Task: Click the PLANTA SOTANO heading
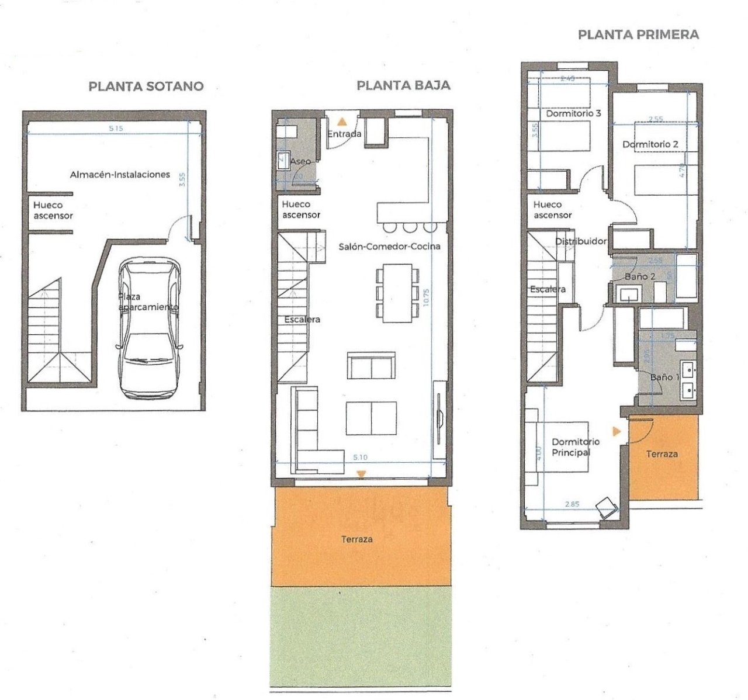(146, 86)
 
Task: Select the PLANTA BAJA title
(403, 85)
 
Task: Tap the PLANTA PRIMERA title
(638, 34)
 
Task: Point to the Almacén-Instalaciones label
(120, 174)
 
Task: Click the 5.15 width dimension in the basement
(115, 129)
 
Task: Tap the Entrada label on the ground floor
(344, 134)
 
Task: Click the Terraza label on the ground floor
(356, 539)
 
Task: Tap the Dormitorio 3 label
(573, 113)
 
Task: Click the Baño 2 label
(639, 276)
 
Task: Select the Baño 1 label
(665, 377)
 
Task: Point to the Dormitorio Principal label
(571, 447)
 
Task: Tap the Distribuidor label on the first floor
(580, 241)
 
